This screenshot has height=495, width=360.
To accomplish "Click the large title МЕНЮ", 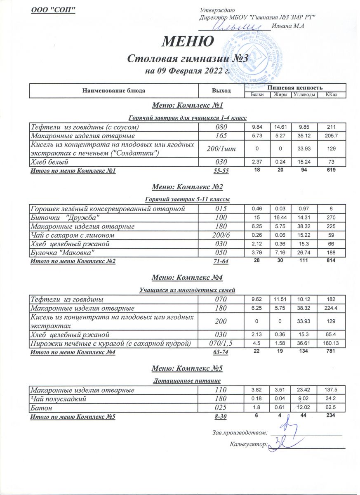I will click(187, 41).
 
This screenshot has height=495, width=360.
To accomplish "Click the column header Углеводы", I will click(305, 95).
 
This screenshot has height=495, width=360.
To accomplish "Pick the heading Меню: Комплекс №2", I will click(187, 187).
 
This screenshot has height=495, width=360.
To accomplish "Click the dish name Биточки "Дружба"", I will click(66, 217).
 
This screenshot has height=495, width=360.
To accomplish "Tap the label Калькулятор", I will click(243, 445).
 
